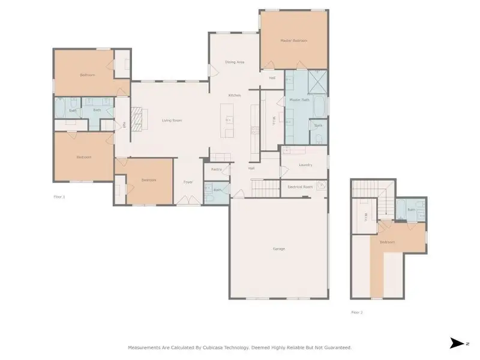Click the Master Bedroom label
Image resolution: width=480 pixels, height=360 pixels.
click(x=293, y=41)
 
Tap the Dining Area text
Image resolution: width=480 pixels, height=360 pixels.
click(x=234, y=62)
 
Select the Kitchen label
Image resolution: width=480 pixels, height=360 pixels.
click(x=234, y=96)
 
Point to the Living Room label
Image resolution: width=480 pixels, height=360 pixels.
click(x=172, y=121)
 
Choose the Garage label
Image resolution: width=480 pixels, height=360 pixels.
click(x=278, y=248)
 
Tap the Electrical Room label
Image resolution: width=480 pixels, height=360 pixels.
click(x=300, y=187)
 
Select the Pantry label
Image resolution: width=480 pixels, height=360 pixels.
click(x=217, y=170)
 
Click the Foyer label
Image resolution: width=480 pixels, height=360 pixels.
click(x=188, y=182)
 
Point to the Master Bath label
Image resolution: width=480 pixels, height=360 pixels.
click(x=299, y=100)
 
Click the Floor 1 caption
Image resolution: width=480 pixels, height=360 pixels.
click(x=59, y=197)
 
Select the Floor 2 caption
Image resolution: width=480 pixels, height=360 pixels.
click(x=357, y=312)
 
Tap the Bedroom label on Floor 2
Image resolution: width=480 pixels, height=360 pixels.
click(x=386, y=242)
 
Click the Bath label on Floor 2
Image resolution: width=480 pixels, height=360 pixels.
click(x=411, y=209)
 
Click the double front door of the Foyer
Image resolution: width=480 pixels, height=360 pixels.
click(x=188, y=202)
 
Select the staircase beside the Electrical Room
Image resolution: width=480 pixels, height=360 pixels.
click(x=265, y=190)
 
